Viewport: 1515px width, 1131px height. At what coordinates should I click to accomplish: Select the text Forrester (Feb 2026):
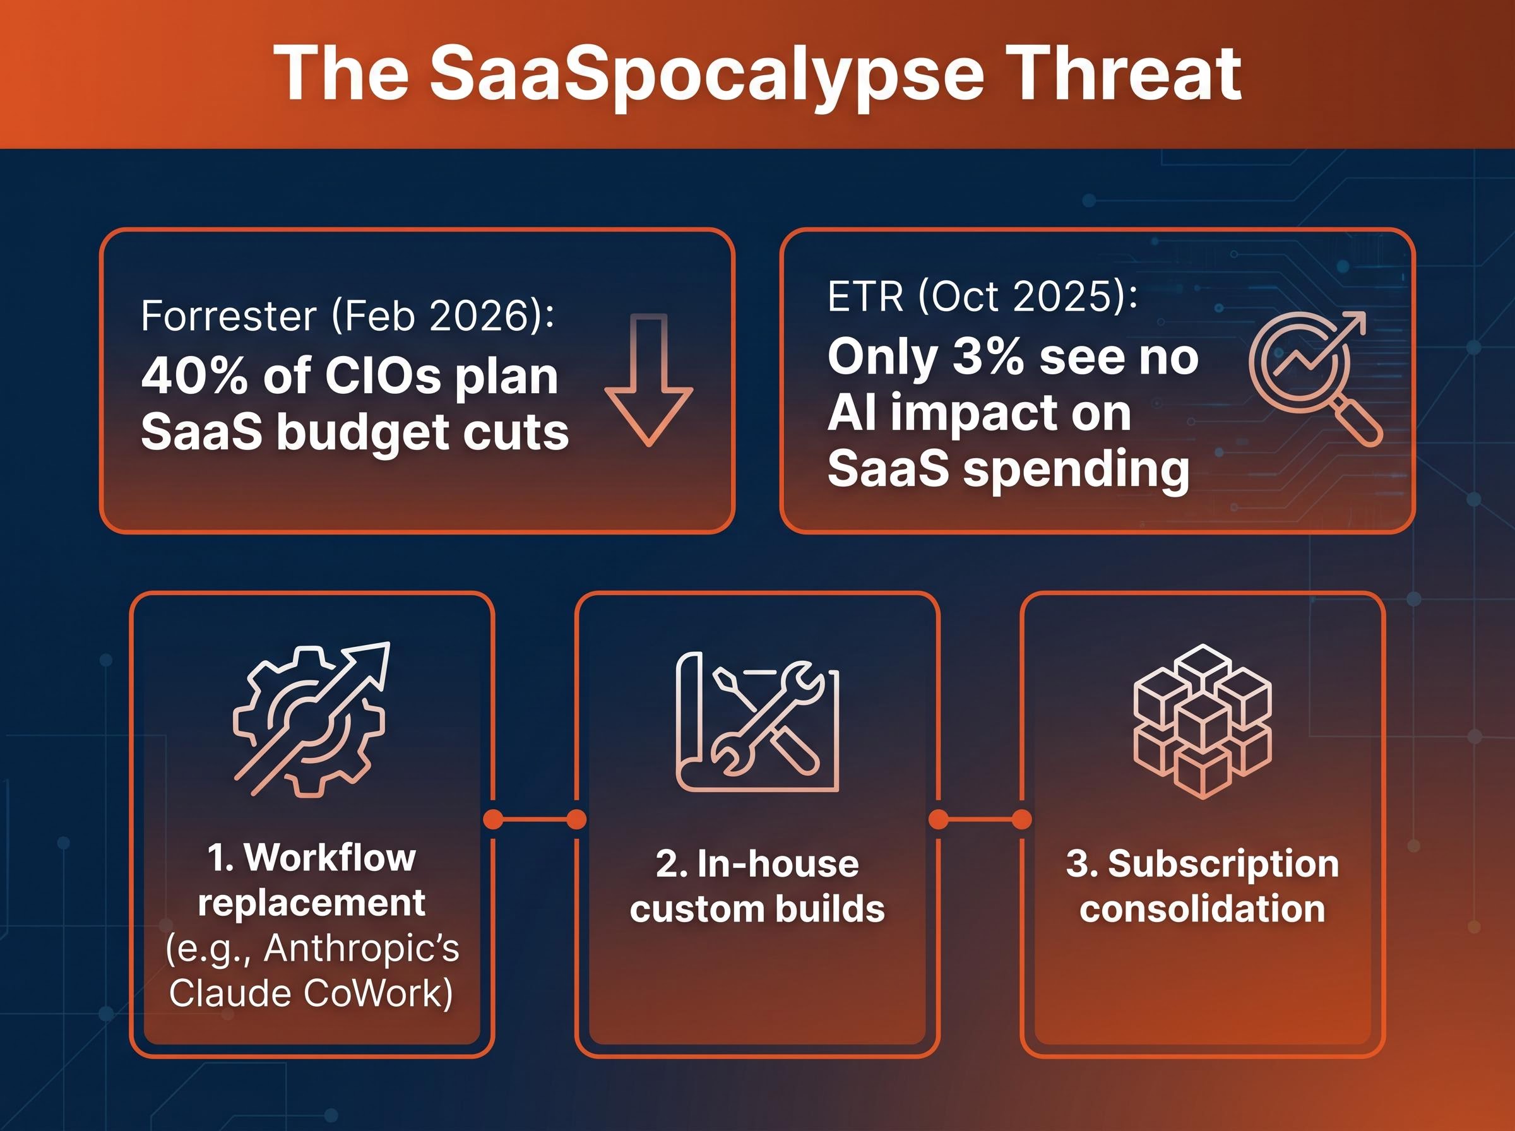coord(348,316)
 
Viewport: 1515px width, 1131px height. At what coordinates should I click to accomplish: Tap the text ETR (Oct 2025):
coord(982,297)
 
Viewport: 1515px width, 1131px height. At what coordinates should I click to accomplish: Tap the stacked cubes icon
coord(1203,720)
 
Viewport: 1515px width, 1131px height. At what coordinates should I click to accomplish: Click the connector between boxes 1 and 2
coord(535,819)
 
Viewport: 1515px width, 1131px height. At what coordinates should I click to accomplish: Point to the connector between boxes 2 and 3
coord(980,819)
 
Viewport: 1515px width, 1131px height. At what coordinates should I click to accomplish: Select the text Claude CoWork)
coord(311,993)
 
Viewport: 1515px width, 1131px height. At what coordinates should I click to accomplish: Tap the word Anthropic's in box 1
coord(361,949)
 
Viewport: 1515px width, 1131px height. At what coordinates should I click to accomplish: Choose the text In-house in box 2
coord(778,864)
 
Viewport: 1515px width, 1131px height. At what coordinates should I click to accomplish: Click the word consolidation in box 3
coord(1202,909)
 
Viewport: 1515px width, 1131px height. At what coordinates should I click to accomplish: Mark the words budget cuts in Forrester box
coord(422,434)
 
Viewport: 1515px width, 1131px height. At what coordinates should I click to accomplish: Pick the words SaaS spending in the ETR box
coord(1007,469)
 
